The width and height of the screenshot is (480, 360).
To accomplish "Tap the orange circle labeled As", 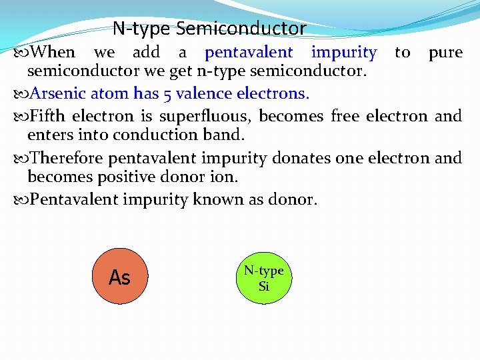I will click(120, 276).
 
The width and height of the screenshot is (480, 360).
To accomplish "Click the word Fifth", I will click(49, 116).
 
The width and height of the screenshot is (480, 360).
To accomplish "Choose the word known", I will click(220, 199).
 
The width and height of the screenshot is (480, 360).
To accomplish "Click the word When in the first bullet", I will click(53, 52).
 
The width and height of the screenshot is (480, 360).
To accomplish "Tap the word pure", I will click(445, 52).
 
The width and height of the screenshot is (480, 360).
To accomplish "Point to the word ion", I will click(224, 178).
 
